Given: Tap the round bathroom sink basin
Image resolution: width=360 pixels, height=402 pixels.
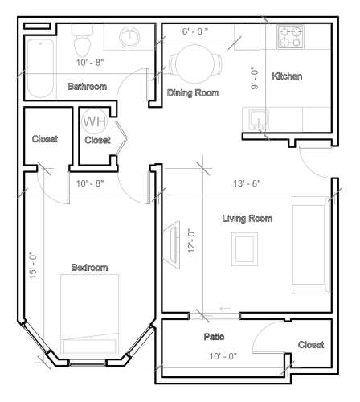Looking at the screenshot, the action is coord(129,36).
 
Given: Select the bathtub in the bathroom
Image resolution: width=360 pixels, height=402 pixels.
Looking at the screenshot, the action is coord(40,68).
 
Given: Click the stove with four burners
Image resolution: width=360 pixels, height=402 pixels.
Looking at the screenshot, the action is coord(290,37).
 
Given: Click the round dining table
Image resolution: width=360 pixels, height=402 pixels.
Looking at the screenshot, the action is coord(195,64).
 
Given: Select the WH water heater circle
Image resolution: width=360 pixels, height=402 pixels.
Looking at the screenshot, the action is coord(94,121).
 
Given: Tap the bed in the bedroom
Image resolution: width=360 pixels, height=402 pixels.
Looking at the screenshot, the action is coord(90,314).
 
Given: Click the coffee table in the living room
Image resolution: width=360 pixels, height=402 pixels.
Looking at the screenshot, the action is coord(244,249).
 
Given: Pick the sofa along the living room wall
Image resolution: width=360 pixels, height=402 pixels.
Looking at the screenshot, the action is coord(311,245).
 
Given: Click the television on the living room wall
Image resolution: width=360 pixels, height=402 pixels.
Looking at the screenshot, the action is coord(171,244).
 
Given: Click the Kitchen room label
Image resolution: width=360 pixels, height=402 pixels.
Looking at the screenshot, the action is coord(287,76).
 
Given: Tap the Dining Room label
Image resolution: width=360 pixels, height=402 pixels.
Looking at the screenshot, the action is coord(193,93).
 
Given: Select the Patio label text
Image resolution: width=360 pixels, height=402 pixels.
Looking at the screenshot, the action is coord(214,337).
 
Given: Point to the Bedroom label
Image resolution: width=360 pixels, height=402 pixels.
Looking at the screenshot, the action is coord(89,267).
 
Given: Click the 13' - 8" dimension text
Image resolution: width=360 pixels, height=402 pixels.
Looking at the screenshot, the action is coord(247,183).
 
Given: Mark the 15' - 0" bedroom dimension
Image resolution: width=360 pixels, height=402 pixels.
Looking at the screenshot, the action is coord(33,265).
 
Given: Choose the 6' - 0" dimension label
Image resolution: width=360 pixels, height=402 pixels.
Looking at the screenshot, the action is coord(195,31).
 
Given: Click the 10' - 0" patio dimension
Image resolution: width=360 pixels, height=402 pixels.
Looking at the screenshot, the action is coord(223,356).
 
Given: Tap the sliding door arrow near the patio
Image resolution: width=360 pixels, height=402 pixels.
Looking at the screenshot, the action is coord(225,308).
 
